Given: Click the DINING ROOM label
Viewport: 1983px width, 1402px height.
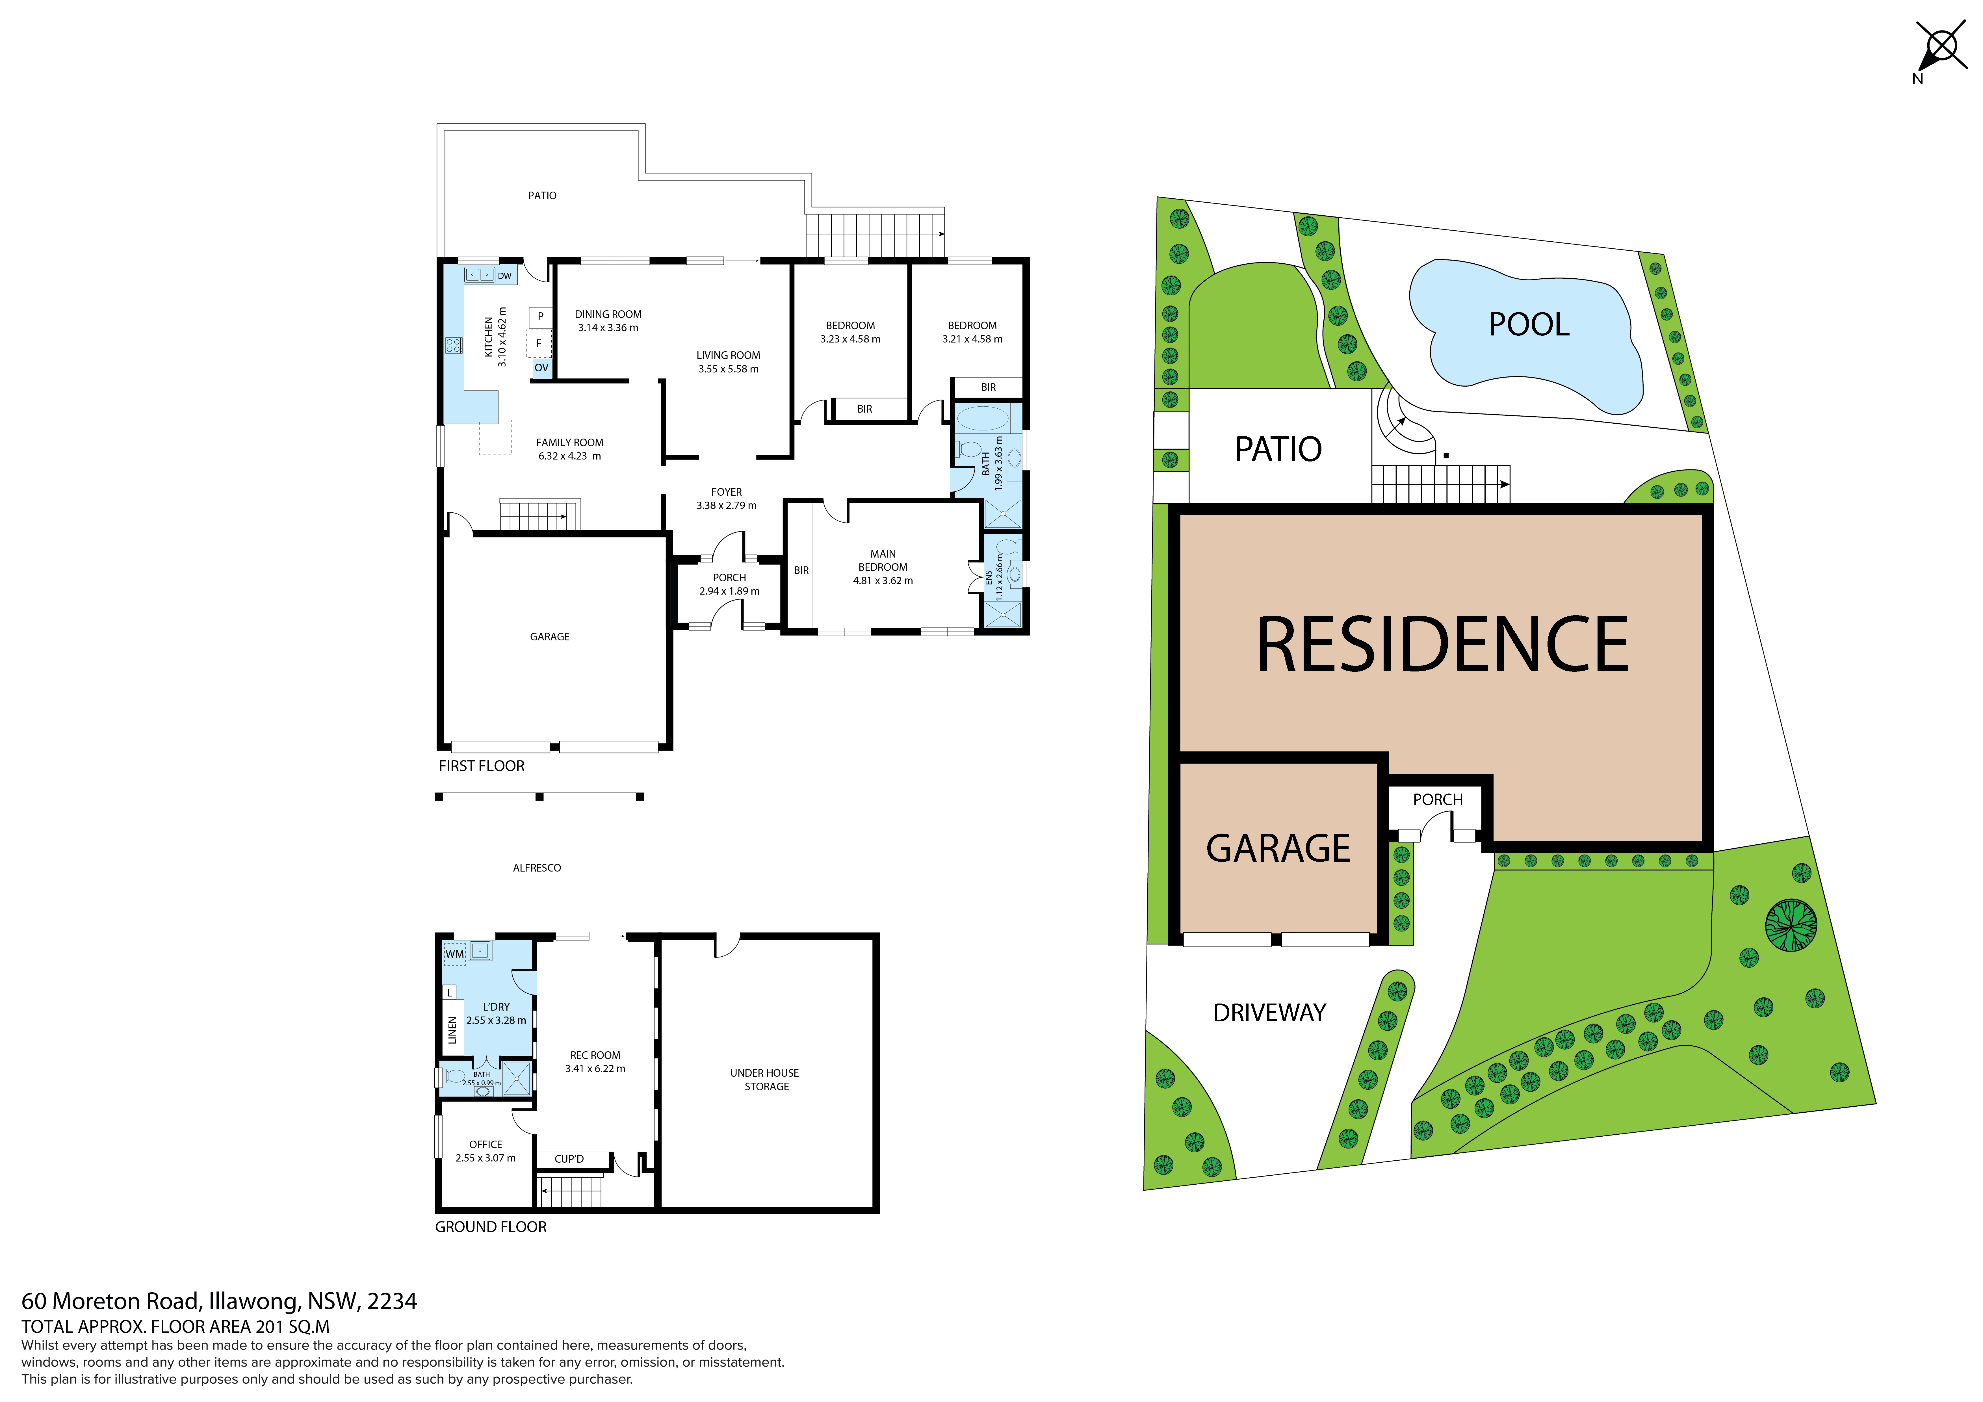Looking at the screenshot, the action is [x=608, y=315].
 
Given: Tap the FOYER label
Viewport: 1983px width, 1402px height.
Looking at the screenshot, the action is [x=726, y=492].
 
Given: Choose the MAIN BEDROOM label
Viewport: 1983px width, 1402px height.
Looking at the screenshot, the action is [x=883, y=561].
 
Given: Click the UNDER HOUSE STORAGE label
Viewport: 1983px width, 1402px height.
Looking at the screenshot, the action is [x=765, y=1080].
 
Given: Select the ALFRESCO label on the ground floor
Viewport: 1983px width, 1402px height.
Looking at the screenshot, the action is [x=537, y=868].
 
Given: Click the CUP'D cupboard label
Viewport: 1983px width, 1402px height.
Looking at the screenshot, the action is [x=569, y=1159].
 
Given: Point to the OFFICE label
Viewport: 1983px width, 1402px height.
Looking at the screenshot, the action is [x=486, y=1145].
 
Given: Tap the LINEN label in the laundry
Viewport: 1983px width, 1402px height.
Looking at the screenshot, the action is [x=452, y=1031].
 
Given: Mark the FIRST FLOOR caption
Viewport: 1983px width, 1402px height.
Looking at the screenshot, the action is [x=481, y=766].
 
